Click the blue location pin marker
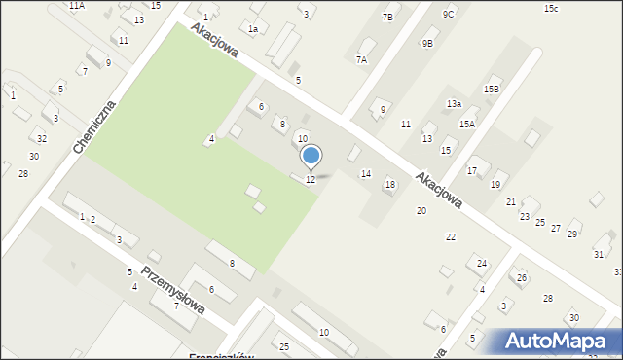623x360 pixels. click(x=311, y=156)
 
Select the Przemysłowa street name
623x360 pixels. click(x=173, y=289)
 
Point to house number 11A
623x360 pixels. click(x=76, y=6)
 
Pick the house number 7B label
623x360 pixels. click(x=388, y=18)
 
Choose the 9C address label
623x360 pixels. click(x=448, y=14)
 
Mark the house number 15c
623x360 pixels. click(x=551, y=8)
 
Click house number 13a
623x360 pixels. click(x=453, y=103)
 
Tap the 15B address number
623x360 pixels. click(x=491, y=90)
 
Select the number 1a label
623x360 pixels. click(x=252, y=29)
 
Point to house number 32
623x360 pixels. click(x=41, y=139)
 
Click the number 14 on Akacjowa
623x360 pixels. click(x=365, y=173)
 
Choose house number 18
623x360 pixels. click(x=390, y=184)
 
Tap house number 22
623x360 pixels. click(x=450, y=236)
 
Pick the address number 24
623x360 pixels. click(x=481, y=263)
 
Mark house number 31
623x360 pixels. click(x=598, y=254)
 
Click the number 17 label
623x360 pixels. click(x=471, y=171)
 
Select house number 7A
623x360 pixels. click(x=361, y=59)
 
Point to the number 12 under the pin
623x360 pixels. click(x=310, y=179)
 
